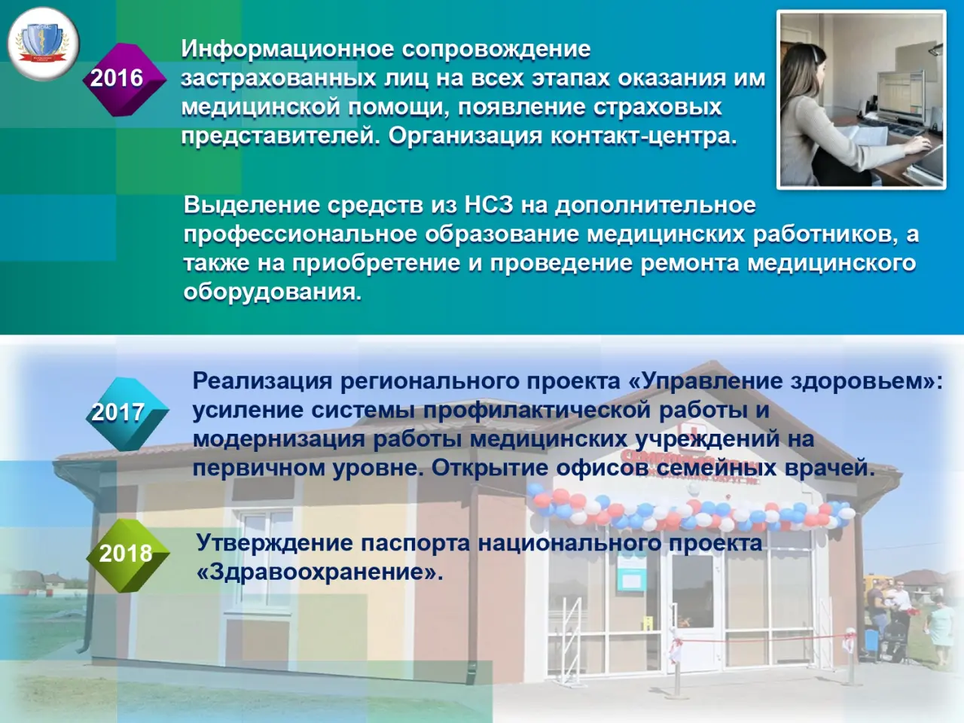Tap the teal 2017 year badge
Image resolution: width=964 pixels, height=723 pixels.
click(127, 413)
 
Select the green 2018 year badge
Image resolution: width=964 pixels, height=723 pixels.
click(127, 554)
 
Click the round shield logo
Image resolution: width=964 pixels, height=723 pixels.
click(43, 44)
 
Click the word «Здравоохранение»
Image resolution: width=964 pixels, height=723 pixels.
click(320, 572)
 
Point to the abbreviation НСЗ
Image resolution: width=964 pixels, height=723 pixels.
click(488, 206)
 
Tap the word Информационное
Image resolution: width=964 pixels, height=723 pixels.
click(288, 50)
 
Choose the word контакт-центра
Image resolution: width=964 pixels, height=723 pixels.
click(643, 137)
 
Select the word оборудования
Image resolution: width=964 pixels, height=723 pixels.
click(273, 292)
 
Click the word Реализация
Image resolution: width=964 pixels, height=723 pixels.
click(262, 382)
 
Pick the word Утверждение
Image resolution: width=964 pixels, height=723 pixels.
click(274, 543)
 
